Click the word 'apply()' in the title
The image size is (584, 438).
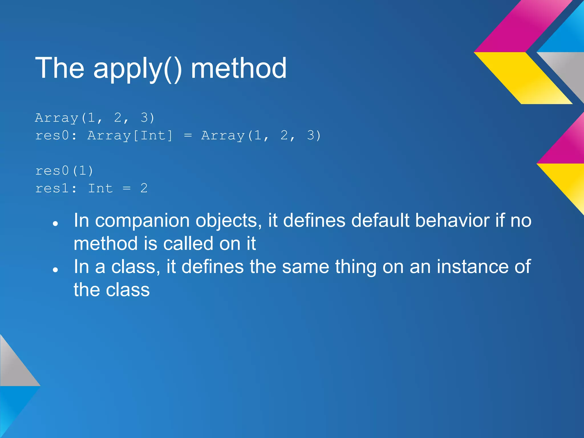137,68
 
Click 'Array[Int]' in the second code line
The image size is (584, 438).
130,135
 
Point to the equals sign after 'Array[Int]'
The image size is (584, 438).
188,136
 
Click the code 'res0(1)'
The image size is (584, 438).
64,171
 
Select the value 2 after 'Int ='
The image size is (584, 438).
144,188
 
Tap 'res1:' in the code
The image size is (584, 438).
56,188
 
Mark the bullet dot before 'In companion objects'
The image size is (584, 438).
56,224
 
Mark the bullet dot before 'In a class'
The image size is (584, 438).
56,269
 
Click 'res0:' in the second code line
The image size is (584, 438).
56,135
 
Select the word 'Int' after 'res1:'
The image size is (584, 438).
100,188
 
